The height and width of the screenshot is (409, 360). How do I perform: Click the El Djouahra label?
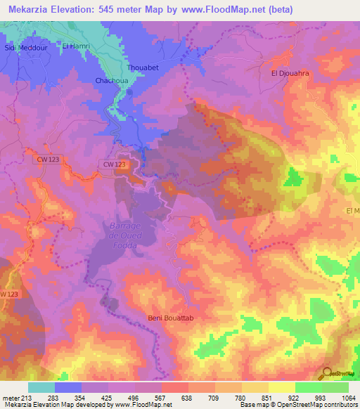[290, 72]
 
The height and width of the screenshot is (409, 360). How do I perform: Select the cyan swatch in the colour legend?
[41, 387]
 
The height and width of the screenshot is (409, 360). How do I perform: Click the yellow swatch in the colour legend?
[281, 387]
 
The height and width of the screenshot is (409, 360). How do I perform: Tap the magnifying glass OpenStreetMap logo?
[327, 373]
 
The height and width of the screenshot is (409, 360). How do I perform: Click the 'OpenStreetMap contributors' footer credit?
[316, 405]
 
